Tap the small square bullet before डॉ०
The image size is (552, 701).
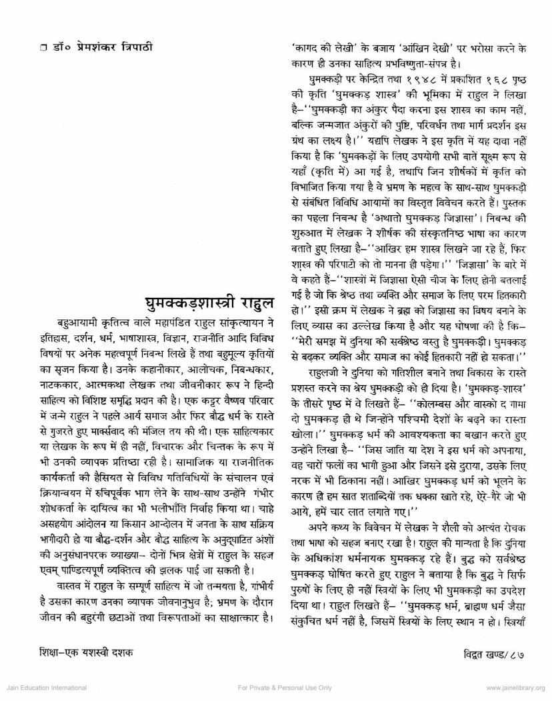pos(41,48)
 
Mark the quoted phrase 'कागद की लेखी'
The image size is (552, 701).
pos(317,48)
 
